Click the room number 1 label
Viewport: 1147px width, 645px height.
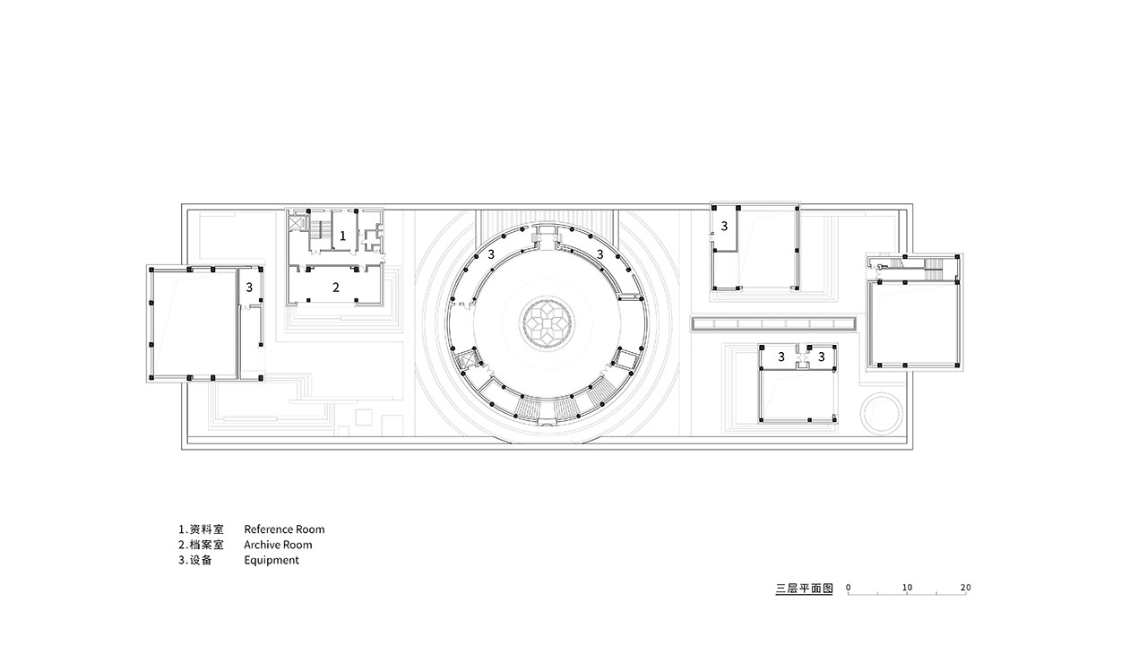tap(342, 236)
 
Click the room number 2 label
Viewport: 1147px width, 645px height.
tap(336, 288)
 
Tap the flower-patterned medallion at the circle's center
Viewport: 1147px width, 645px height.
tap(547, 323)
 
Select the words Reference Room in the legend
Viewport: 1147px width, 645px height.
tap(284, 529)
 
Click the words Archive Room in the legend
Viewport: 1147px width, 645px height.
tap(278, 545)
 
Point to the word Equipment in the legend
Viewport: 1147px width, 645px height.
tap(272, 560)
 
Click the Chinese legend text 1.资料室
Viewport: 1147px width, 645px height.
tap(202, 529)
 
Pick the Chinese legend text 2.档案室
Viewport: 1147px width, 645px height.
tap(202, 545)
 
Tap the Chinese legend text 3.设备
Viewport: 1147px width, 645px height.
tap(195, 560)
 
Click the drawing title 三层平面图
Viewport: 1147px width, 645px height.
tap(804, 589)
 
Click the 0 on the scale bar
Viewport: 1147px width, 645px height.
tap(849, 587)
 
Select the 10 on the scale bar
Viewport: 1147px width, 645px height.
tap(907, 587)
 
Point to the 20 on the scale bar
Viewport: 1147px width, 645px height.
tap(965, 587)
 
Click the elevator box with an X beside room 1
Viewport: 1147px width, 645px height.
tap(297, 223)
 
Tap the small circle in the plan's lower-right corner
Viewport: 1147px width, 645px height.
tap(881, 414)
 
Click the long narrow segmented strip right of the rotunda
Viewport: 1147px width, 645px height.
tap(773, 323)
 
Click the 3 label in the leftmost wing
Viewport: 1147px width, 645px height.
tap(249, 288)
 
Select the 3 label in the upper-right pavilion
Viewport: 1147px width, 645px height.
tap(724, 226)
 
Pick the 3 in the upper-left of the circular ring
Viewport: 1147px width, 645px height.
tap(491, 254)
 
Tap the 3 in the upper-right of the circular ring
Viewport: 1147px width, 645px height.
tap(600, 254)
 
